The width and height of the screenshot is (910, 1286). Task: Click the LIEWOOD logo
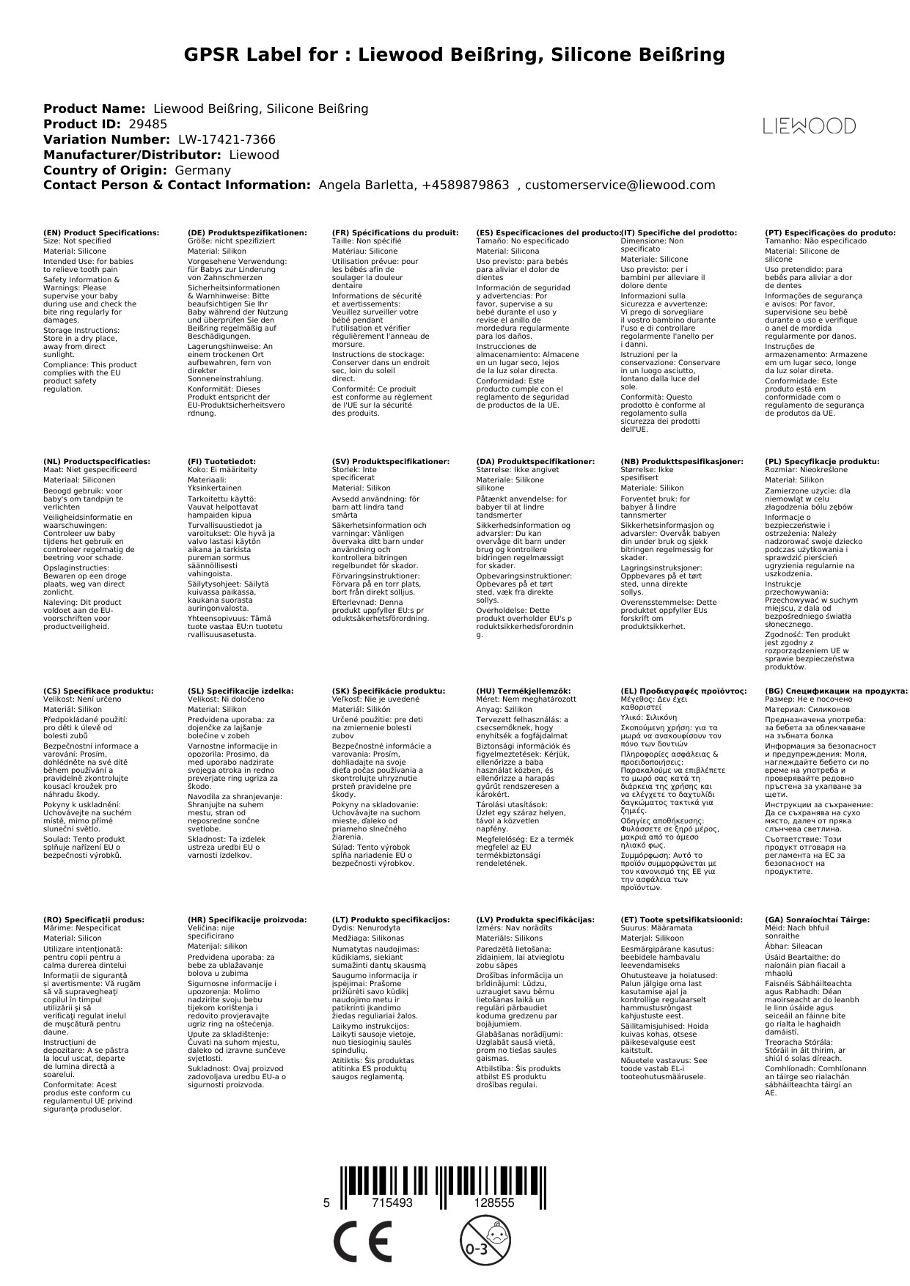[x=809, y=126]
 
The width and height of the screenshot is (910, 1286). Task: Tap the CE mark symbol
[x=362, y=1241]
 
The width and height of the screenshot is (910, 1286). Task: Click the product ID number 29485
[x=147, y=125]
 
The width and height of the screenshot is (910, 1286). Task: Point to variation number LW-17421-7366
[x=227, y=140]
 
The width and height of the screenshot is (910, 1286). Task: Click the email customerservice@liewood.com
[x=620, y=185]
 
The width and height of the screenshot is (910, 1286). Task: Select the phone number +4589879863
[x=465, y=185]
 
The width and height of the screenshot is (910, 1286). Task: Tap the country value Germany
[x=202, y=170]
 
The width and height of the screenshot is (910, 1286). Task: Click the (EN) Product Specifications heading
[x=101, y=232]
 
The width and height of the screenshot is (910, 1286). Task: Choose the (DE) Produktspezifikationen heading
[x=247, y=232]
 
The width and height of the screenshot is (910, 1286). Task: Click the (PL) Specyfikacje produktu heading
[x=822, y=462]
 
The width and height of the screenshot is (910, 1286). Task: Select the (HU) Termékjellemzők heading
[x=524, y=691]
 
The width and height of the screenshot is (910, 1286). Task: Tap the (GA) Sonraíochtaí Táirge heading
[x=817, y=919]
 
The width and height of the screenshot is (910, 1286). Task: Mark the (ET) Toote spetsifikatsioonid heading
[x=681, y=919]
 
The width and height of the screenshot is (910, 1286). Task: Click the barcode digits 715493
[x=392, y=1203]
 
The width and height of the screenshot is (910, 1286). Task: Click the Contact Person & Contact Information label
[x=177, y=185]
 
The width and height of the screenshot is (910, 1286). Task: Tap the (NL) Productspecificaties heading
[x=96, y=462]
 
